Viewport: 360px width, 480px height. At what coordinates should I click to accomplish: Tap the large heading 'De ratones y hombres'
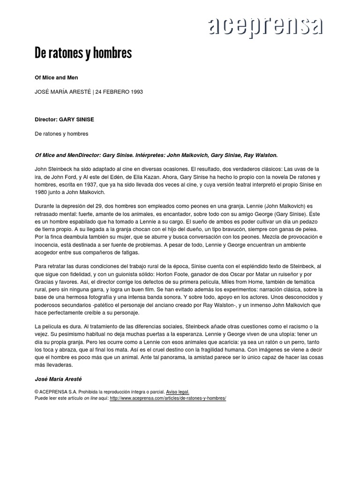click(x=83, y=53)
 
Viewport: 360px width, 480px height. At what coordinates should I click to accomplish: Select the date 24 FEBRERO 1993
click(x=119, y=92)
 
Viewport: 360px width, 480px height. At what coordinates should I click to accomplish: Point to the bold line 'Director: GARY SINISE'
click(x=64, y=120)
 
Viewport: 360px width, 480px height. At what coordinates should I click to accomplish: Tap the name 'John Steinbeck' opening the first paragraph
click(x=54, y=169)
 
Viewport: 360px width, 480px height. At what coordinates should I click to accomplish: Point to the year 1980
click(x=43, y=192)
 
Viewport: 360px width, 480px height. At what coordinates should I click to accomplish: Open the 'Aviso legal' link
click(x=178, y=391)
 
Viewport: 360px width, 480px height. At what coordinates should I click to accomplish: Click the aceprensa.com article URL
click(x=168, y=398)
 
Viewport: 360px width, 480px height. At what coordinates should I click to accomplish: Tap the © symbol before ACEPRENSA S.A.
click(x=37, y=391)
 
